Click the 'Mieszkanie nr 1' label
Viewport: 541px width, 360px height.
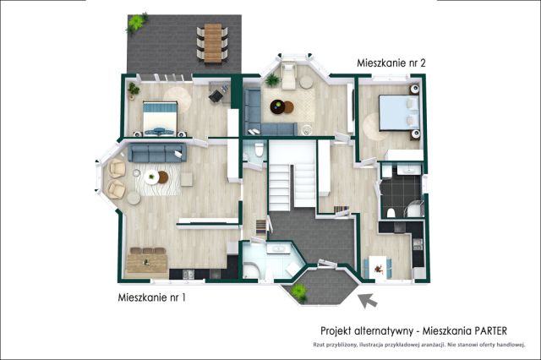click(152, 297)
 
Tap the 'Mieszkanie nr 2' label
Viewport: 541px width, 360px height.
click(391, 63)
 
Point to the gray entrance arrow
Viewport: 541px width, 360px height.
click(368, 300)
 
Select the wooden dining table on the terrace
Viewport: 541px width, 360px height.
click(212, 43)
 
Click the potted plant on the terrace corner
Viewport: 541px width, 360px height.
click(136, 23)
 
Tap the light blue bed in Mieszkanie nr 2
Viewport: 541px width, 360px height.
click(399, 112)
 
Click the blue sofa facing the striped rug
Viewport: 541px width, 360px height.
click(157, 153)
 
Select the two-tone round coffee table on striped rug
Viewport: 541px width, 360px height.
click(156, 177)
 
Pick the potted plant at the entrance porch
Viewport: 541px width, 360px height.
click(298, 292)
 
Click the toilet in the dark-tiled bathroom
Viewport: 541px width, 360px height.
click(391, 213)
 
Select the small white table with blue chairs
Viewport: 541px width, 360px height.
click(378, 267)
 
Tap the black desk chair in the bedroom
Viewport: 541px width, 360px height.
click(216, 95)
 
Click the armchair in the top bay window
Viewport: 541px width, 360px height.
click(288, 75)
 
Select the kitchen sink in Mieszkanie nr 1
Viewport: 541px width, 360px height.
click(189, 274)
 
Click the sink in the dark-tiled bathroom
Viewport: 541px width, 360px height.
click(409, 169)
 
